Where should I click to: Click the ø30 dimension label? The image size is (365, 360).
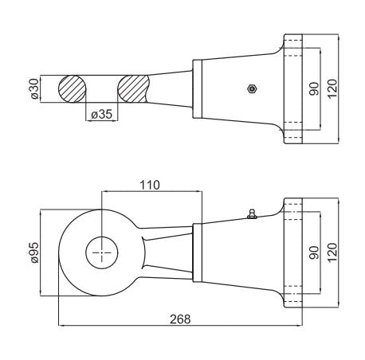point(35,89)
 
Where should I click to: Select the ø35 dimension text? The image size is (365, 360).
point(102,115)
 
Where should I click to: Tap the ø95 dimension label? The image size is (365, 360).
point(35,252)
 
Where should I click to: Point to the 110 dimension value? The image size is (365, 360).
point(150,185)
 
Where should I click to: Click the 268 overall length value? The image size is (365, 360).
point(180,319)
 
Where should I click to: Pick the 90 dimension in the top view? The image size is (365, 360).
point(314,89)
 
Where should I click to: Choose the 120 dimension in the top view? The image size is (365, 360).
point(332,89)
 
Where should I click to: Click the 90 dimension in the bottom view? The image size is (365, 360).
point(314,252)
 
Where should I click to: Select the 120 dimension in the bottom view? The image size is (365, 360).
point(332,252)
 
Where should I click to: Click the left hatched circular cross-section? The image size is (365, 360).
point(72,89)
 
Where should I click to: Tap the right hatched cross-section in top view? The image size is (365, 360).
point(133,89)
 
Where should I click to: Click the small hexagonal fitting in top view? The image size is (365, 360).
point(251,88)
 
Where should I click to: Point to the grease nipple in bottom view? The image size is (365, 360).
point(252,213)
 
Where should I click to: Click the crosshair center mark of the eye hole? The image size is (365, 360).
point(102,252)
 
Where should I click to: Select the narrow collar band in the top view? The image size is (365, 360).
point(198,89)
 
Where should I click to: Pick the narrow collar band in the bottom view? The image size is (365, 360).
point(198,252)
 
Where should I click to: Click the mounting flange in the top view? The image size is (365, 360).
point(293,89)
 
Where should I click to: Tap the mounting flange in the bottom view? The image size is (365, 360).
point(293,252)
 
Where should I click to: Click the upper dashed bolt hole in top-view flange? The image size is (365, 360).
point(293,48)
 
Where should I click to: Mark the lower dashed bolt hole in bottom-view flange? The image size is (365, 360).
point(293,294)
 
